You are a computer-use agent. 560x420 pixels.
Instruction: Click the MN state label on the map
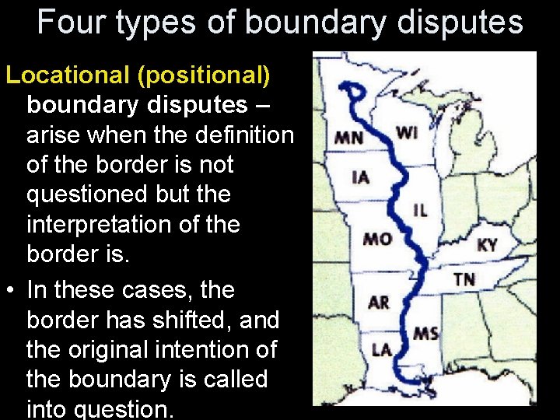click(348, 138)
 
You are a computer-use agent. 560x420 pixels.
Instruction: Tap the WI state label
click(407, 132)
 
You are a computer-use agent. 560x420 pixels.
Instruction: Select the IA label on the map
click(360, 177)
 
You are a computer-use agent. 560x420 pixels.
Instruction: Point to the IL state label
click(421, 209)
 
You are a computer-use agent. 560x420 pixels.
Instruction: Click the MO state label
click(376, 238)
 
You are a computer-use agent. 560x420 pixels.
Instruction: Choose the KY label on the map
click(487, 245)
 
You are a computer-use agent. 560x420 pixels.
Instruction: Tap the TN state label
click(464, 278)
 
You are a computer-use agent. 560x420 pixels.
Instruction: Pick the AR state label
click(378, 301)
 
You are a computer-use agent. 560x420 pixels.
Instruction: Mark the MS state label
click(425, 334)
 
